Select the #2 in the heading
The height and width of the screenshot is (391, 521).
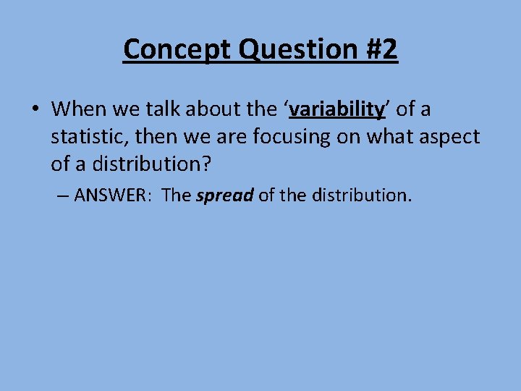(x=378, y=49)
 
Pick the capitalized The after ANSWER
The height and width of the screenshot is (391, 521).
(x=177, y=195)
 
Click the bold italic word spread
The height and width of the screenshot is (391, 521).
(x=224, y=195)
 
